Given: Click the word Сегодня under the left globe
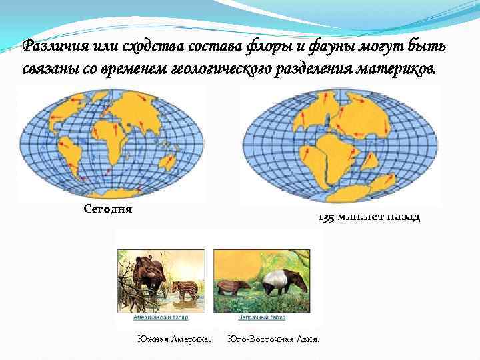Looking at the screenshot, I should (x=109, y=209).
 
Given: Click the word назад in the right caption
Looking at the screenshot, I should (x=401, y=218).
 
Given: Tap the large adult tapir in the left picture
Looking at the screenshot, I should (x=147, y=273).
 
